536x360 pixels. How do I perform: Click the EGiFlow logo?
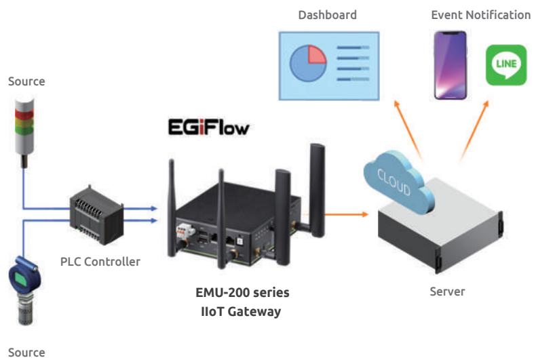point(208,127)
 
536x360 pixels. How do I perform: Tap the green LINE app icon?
point(506,65)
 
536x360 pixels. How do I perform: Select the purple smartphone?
point(451,65)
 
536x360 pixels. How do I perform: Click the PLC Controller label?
point(100,262)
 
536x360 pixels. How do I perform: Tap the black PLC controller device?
point(96,215)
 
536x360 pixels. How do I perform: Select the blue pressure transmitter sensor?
point(24,290)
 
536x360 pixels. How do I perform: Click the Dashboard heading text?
point(328,15)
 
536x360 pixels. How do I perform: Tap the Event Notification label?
point(480,15)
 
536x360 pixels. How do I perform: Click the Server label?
point(447,292)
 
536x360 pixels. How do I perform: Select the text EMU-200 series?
point(242,292)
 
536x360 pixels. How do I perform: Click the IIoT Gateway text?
point(241,311)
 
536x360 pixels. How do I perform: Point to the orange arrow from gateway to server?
point(346,214)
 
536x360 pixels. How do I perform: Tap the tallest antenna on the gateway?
point(318,191)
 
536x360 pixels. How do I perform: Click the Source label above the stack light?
point(26,81)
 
